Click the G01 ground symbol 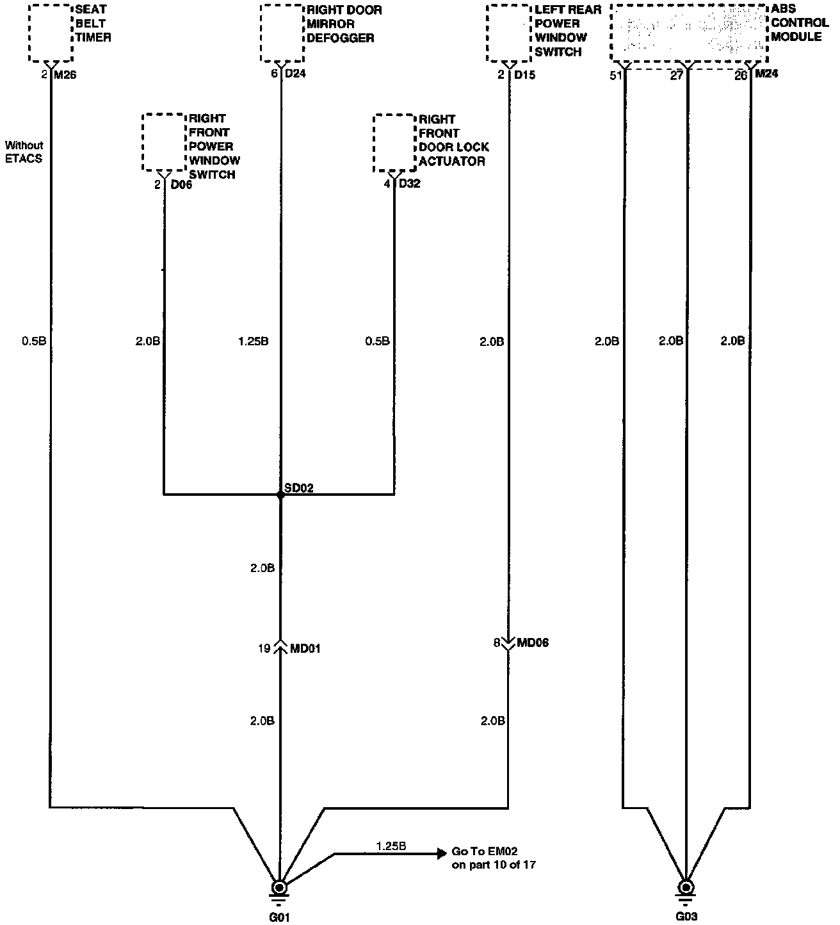(x=279, y=888)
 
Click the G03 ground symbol (x=686, y=888)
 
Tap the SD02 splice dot (x=280, y=495)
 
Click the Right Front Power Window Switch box (x=163, y=142)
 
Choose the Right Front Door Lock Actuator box (x=394, y=143)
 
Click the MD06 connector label (x=533, y=643)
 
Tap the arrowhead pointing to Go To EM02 (x=441, y=853)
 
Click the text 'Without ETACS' (x=24, y=152)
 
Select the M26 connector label (x=65, y=75)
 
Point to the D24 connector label (x=295, y=74)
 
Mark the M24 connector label (x=766, y=74)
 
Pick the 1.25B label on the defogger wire (x=253, y=341)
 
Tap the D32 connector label (x=410, y=184)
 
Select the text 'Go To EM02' (x=485, y=851)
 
